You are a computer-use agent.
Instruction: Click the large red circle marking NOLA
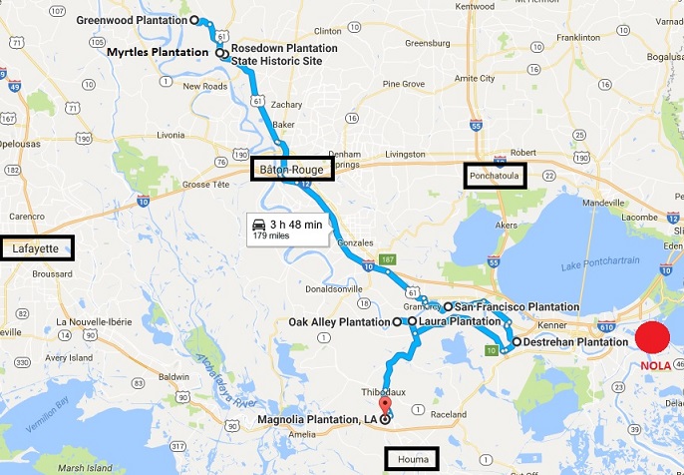[652, 338]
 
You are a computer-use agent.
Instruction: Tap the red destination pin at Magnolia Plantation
[384, 406]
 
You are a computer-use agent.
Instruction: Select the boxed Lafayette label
[38, 247]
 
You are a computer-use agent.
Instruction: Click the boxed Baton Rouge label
[291, 170]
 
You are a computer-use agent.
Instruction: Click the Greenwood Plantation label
[131, 19]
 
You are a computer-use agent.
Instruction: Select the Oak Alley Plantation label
[338, 322]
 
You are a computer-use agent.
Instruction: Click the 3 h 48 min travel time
[296, 225]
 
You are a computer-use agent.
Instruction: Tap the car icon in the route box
[259, 225]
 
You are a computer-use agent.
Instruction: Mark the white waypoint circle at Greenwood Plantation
[194, 19]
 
